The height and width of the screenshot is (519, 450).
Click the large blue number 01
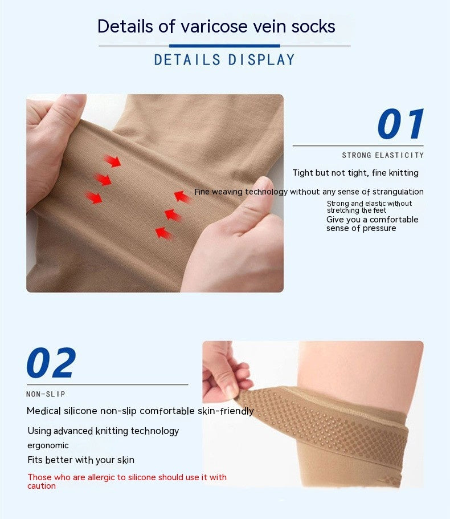401,124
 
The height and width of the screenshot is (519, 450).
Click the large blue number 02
51,363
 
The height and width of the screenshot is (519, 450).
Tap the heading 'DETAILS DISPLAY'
224,60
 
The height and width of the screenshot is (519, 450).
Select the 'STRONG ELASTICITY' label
383,155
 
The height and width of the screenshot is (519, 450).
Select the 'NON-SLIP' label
46,394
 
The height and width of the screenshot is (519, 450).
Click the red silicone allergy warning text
126,481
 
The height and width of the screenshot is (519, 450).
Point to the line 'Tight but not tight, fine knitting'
355,173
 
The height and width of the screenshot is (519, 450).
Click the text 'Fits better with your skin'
81,460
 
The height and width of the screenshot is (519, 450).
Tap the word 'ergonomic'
48,445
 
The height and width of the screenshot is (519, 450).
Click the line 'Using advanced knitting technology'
103,431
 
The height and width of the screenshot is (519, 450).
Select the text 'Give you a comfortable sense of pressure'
372,224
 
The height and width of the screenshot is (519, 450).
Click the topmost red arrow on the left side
113,161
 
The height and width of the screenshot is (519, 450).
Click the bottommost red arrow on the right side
163,233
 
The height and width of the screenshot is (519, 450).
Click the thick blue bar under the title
224,46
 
